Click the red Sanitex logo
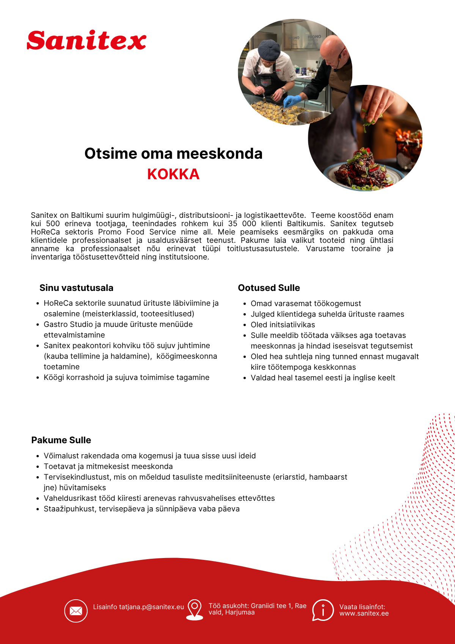[86, 41]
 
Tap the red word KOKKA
[173, 174]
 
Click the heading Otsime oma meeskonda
[173, 153]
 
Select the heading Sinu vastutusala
[76, 288]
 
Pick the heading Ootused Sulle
[269, 288]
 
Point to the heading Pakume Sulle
[61, 440]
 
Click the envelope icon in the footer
[76, 611]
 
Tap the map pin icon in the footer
[195, 609]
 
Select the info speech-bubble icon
[323, 610]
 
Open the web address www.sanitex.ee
[364, 614]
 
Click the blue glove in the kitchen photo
[292, 101]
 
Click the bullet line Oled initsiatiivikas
[282, 325]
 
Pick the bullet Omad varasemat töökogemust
[306, 303]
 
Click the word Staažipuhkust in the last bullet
[69, 509]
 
